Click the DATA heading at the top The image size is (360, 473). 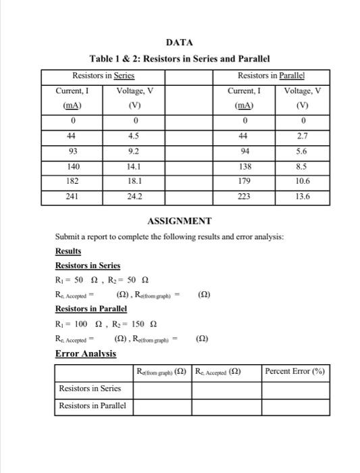click(180, 43)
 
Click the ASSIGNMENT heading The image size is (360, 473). click(180, 221)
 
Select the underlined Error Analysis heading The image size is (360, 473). click(85, 353)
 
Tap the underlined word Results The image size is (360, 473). click(68, 251)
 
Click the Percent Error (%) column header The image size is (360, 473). click(294, 371)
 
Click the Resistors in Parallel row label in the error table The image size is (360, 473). click(93, 405)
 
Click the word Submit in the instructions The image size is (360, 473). click(68, 236)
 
